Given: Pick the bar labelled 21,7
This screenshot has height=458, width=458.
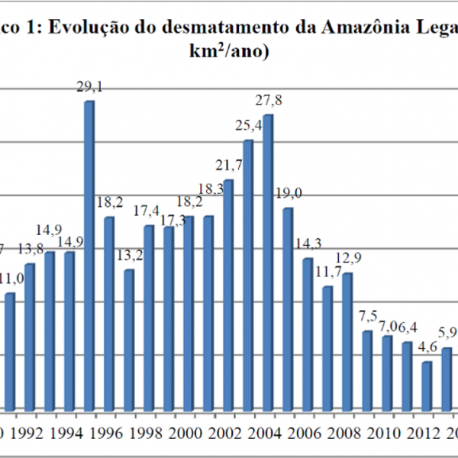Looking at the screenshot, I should [x=227, y=295].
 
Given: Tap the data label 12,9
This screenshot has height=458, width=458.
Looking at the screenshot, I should [x=347, y=256].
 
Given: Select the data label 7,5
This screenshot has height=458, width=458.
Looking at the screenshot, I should [x=368, y=315].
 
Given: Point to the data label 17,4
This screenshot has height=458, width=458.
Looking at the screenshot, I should [x=148, y=209].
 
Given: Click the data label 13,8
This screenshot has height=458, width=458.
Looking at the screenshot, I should [x=31, y=248].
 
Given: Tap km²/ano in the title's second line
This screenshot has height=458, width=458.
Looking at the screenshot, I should [x=229, y=54].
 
